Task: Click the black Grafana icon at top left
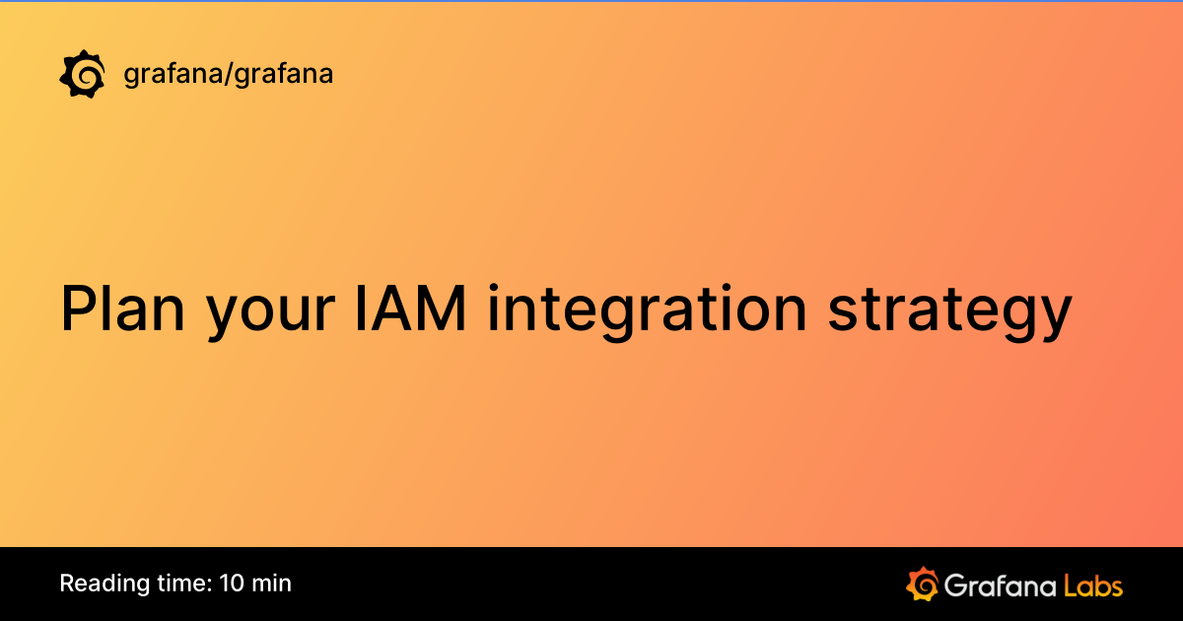(x=83, y=74)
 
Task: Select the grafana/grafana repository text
(x=228, y=74)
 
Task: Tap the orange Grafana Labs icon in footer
(x=922, y=584)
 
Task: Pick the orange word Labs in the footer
(x=1093, y=585)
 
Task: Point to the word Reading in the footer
(x=97, y=584)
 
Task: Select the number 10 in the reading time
(x=231, y=583)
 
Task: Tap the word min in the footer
(x=271, y=583)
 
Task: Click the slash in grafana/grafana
(x=228, y=74)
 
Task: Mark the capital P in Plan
(x=77, y=308)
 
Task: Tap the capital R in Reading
(x=66, y=583)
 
